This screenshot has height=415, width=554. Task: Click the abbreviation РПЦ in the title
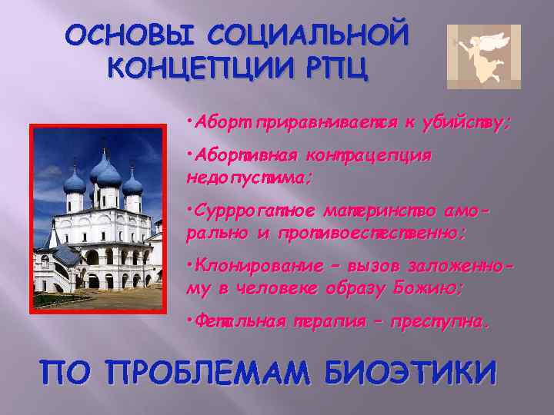(x=335, y=68)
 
